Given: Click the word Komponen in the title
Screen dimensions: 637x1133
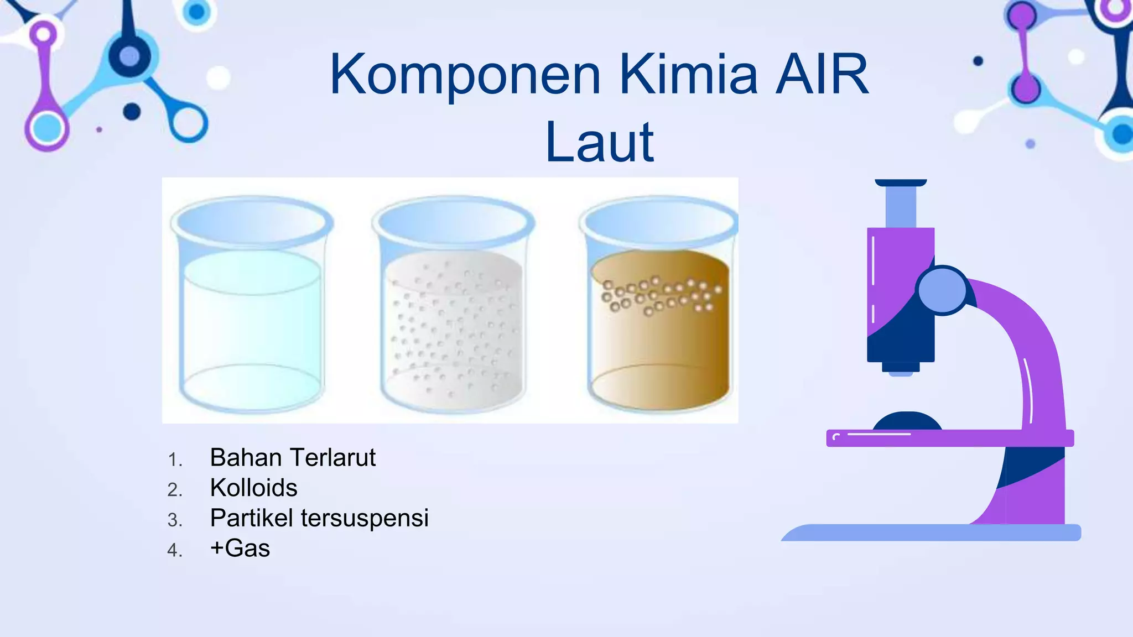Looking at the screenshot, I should [x=465, y=76].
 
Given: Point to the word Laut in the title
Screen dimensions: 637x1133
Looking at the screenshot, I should [x=599, y=143].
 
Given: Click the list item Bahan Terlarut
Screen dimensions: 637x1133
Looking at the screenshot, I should [x=293, y=458].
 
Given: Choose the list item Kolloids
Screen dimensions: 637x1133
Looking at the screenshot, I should [x=253, y=488].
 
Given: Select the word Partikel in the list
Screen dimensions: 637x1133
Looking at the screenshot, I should [x=252, y=518].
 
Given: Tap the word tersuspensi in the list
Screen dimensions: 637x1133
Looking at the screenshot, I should [x=365, y=518].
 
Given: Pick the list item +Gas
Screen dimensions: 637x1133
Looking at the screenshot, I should [x=240, y=549].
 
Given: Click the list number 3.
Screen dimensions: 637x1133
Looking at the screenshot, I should [x=174, y=520].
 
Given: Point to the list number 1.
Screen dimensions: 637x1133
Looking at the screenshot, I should [x=174, y=460].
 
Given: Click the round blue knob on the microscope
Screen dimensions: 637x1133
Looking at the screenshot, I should [x=942, y=290].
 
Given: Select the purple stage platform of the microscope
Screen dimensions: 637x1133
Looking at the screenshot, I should [x=949, y=438].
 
